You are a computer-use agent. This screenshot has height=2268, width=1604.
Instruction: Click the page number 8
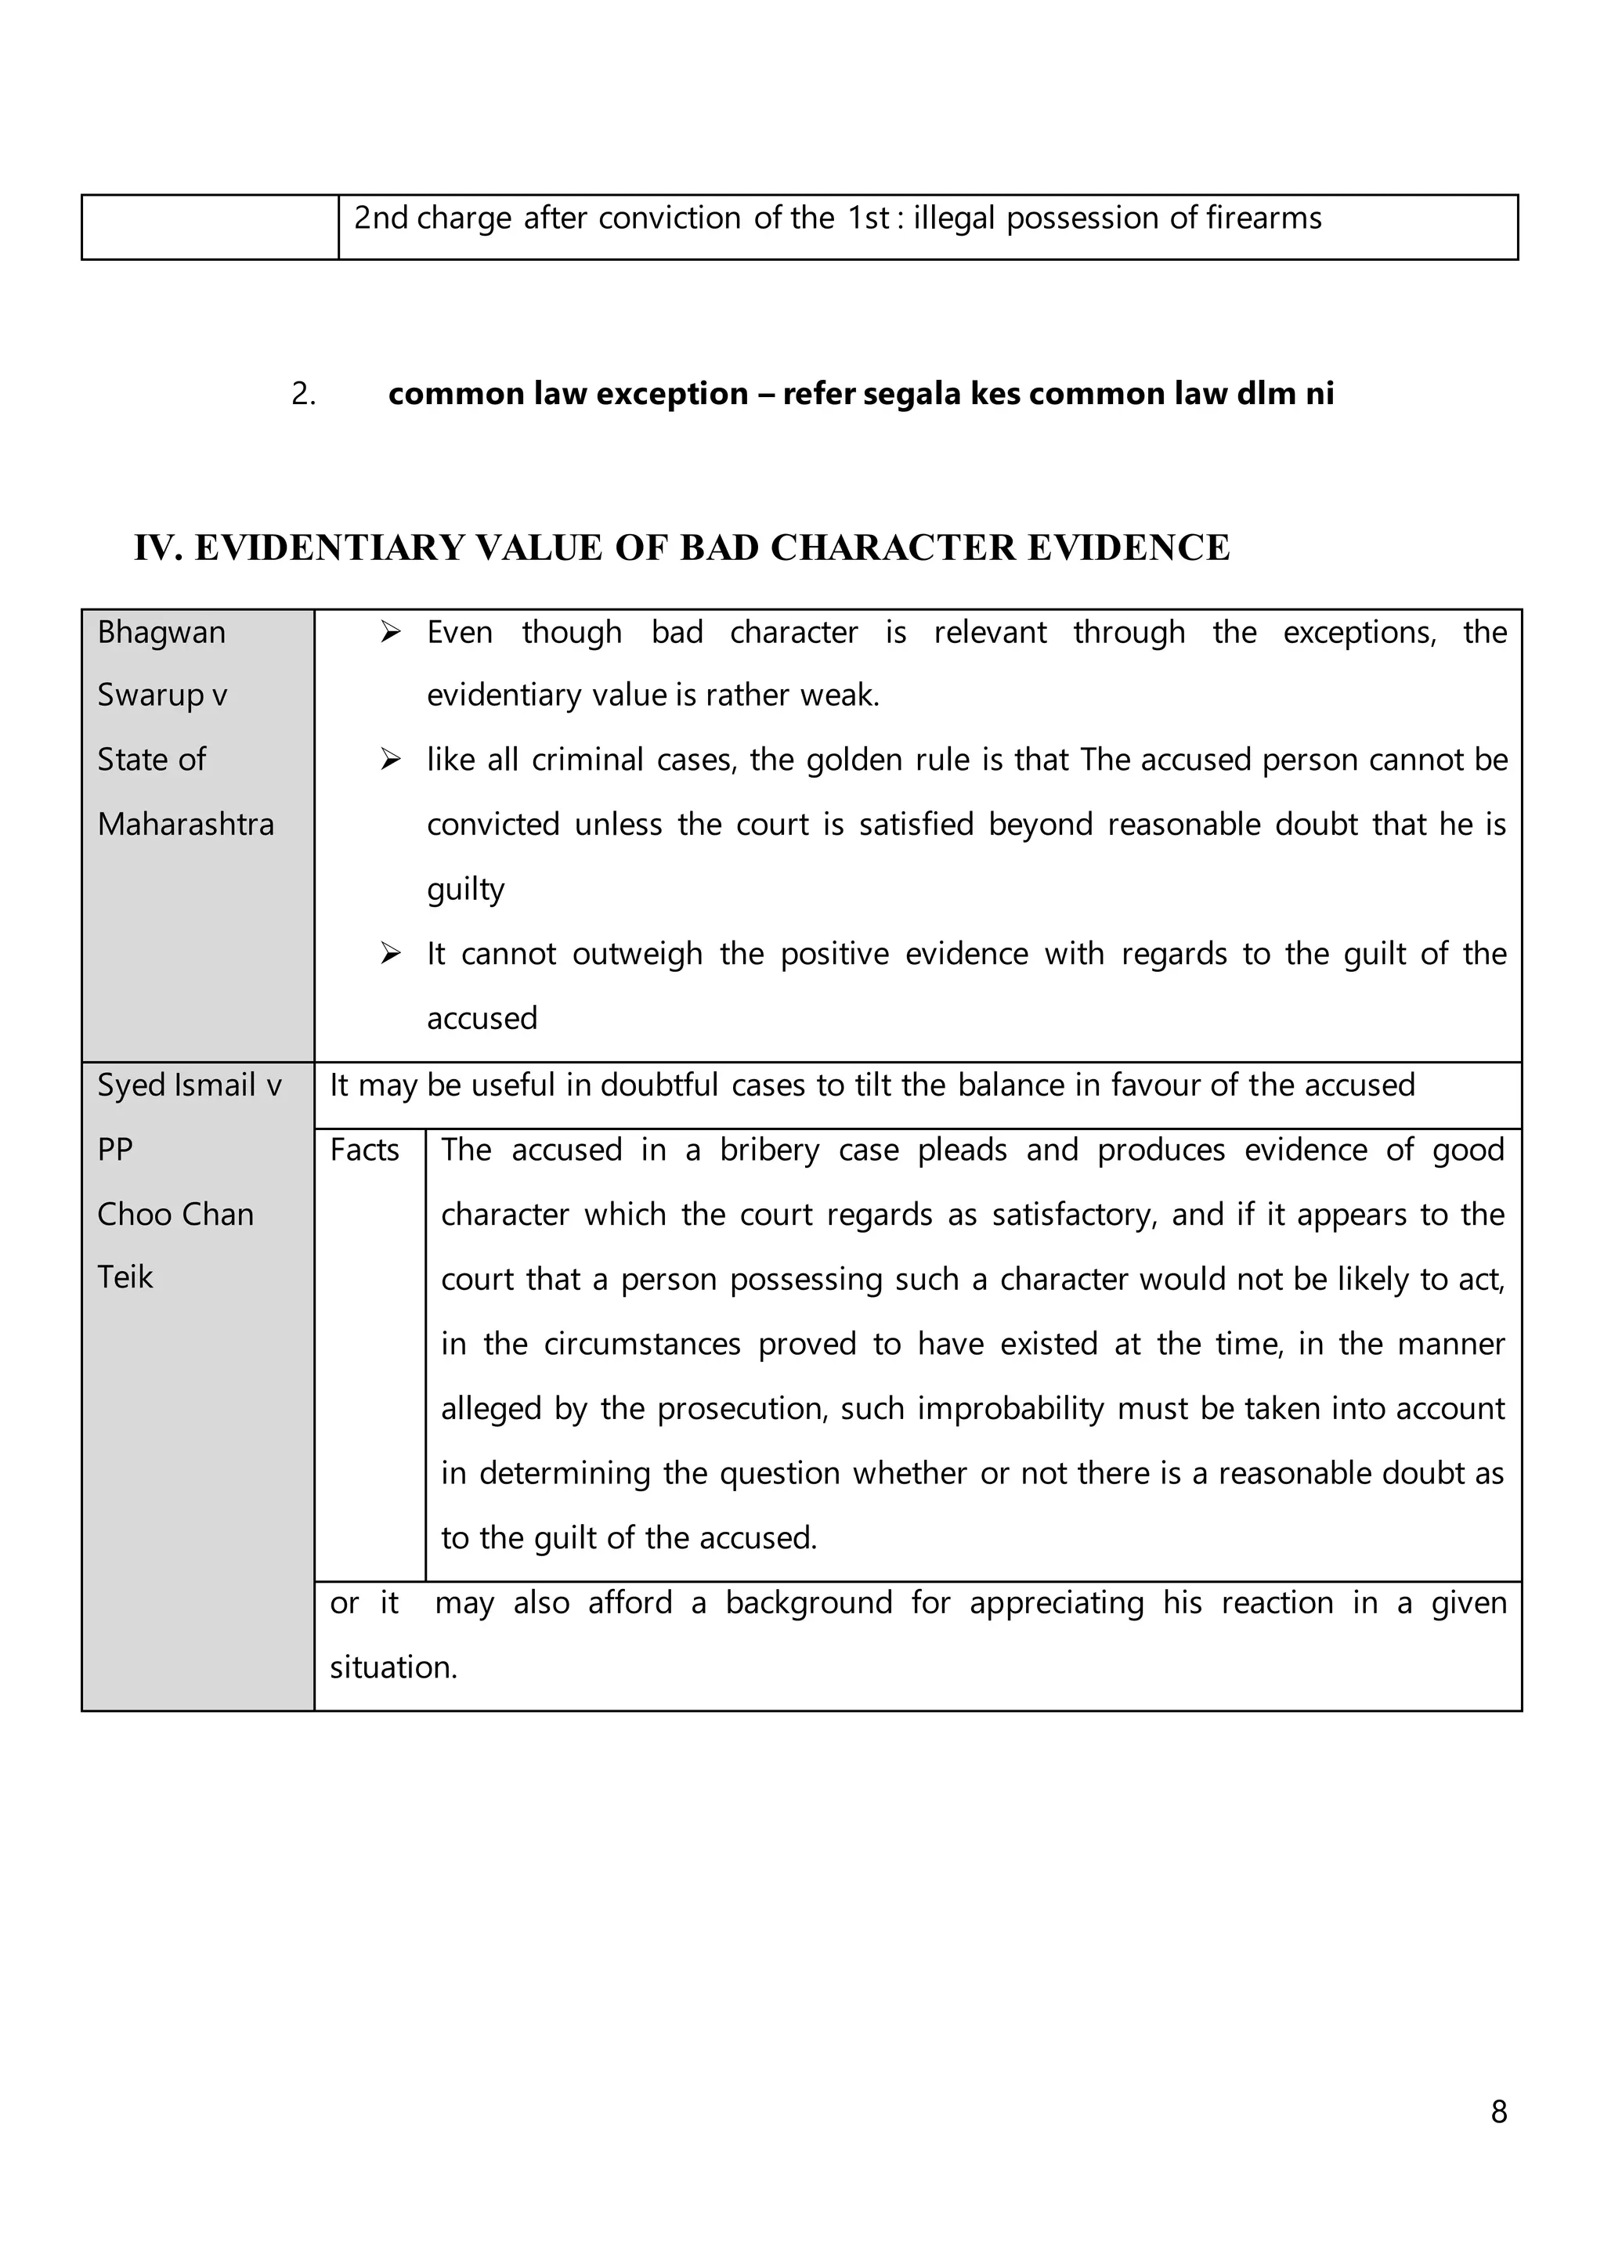[x=1498, y=2111]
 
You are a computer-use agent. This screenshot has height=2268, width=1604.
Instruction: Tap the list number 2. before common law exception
[x=303, y=394]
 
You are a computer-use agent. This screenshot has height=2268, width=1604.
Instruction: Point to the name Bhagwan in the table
[x=161, y=632]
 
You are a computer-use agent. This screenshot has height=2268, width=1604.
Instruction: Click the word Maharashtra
[x=186, y=824]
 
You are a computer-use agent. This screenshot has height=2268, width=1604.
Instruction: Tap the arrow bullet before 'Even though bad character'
[x=391, y=632]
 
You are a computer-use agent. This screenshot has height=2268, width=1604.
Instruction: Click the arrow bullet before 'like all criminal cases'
[x=391, y=760]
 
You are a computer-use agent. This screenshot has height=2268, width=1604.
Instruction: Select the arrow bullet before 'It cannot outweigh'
[x=391, y=953]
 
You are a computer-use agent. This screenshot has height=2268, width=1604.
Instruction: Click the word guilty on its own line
[x=465, y=889]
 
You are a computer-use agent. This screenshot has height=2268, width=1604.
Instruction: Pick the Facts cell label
[x=364, y=1150]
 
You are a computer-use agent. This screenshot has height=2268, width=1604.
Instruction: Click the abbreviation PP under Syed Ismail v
[x=114, y=1150]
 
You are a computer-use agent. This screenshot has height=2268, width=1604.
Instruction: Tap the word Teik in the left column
[x=125, y=1277]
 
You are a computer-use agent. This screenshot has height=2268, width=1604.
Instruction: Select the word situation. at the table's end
[x=393, y=1667]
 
